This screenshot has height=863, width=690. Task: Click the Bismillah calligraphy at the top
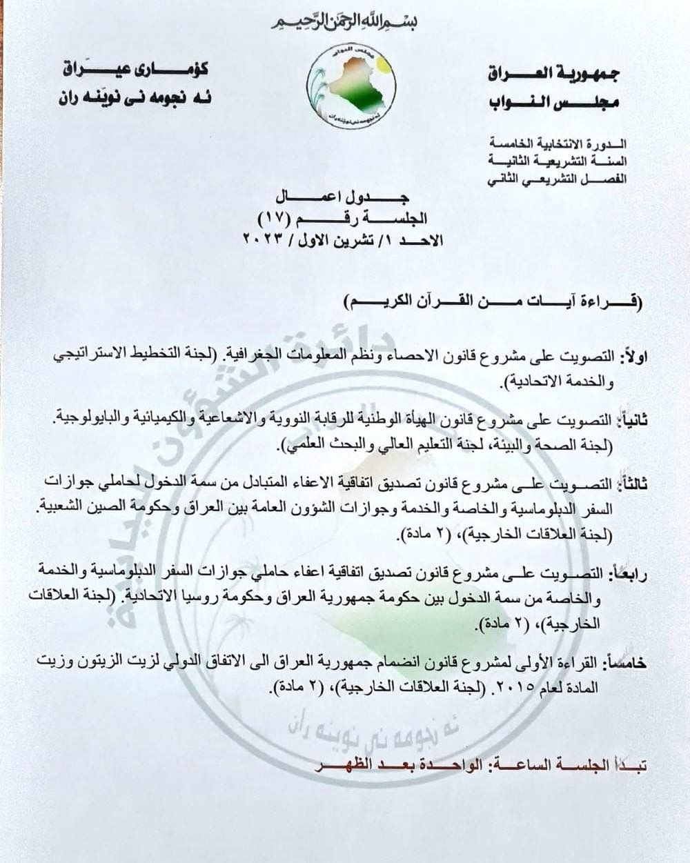[x=344, y=21]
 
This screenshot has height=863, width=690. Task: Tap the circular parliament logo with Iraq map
[x=351, y=88]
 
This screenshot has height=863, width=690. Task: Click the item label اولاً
[x=634, y=357]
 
